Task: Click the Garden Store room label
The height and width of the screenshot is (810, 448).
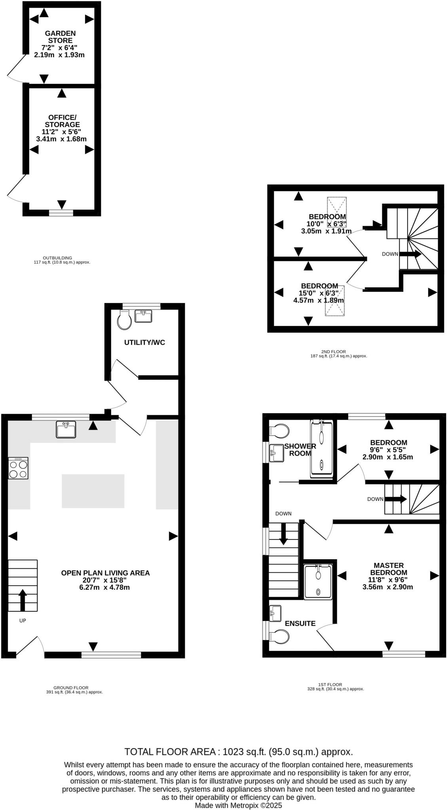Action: click(x=60, y=37)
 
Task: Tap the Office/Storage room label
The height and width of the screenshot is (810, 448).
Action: click(x=62, y=121)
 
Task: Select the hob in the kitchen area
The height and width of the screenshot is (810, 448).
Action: click(x=18, y=468)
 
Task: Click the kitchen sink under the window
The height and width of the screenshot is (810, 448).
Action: click(x=66, y=430)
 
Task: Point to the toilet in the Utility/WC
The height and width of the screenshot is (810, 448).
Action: click(x=125, y=320)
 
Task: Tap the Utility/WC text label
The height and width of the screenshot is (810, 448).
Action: click(x=144, y=343)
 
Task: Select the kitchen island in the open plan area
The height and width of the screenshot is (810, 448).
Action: click(x=93, y=491)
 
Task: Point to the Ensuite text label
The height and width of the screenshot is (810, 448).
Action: click(x=300, y=624)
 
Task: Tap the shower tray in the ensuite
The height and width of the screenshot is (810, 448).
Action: click(x=318, y=582)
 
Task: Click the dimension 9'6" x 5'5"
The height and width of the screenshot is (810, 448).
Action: click(x=388, y=450)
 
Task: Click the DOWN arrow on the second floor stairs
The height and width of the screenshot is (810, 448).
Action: click(x=412, y=254)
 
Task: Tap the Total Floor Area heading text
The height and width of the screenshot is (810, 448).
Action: click(x=239, y=751)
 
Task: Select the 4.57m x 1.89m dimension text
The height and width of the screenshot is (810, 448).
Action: click(x=319, y=300)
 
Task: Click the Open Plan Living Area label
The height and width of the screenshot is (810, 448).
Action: click(x=105, y=573)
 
